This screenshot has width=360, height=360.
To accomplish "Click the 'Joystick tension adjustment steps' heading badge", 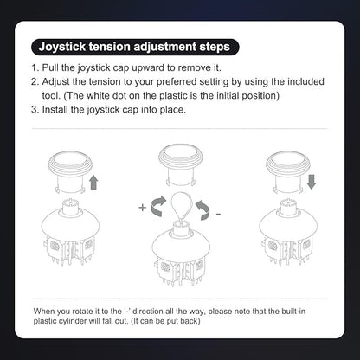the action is [135, 47].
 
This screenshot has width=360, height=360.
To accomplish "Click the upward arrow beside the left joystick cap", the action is [93, 183].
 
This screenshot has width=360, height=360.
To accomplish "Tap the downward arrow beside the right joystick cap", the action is [312, 182].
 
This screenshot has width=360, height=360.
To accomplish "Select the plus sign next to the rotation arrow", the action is [143, 208].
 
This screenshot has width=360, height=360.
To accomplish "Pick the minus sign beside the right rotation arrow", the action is [218, 214].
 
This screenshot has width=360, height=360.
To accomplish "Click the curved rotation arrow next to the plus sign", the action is [158, 206].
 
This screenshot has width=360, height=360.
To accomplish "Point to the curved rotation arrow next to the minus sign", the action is [202, 210].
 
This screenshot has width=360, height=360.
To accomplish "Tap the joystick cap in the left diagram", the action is [70, 171].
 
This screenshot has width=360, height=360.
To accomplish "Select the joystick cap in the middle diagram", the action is [181, 164].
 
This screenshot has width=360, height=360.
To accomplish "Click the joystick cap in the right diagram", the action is [288, 171].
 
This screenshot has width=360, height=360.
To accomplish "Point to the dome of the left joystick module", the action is [71, 224].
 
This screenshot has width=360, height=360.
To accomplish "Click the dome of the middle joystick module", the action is [181, 245].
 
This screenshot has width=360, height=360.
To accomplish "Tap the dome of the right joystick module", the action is [288, 224].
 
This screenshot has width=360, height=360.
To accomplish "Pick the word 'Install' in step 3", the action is [55, 110].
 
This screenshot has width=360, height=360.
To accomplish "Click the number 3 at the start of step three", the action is [35, 110].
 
